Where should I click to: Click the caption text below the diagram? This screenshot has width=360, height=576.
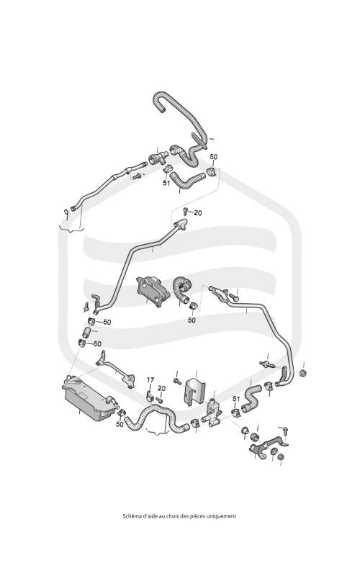tap(179, 516)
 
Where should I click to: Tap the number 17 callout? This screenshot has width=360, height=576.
tap(150, 380)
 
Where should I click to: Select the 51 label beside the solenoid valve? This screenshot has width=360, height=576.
tap(236, 399)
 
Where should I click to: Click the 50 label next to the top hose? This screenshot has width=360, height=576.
tap(213, 157)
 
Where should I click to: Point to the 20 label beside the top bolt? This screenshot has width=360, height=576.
tap(198, 213)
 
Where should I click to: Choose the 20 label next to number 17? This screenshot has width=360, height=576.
tap(161, 389)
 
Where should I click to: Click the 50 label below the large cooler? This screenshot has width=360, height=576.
tap(120, 424)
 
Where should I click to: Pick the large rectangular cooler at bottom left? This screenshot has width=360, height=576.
tap(89, 398)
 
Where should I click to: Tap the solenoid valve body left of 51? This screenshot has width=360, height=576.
tap(212, 412)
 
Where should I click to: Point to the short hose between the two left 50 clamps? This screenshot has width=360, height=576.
tap(86, 333)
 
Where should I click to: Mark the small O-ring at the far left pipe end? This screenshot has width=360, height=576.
tap(66, 212)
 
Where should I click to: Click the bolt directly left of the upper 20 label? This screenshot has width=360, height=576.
tap(186, 211)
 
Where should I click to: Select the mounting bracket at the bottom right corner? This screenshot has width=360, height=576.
tap(268, 447)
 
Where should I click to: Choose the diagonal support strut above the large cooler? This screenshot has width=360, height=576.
tap(115, 369)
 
